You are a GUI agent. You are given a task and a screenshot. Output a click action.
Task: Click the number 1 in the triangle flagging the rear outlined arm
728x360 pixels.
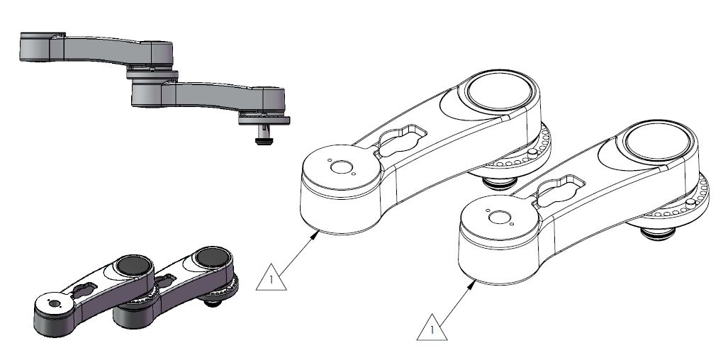(269, 280)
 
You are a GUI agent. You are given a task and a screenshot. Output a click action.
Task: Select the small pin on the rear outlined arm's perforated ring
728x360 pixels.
(532, 154)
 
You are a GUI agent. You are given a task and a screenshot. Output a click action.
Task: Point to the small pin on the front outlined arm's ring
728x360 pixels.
(689, 203)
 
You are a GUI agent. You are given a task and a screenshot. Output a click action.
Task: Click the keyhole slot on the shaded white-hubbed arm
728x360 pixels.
(86, 289)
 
